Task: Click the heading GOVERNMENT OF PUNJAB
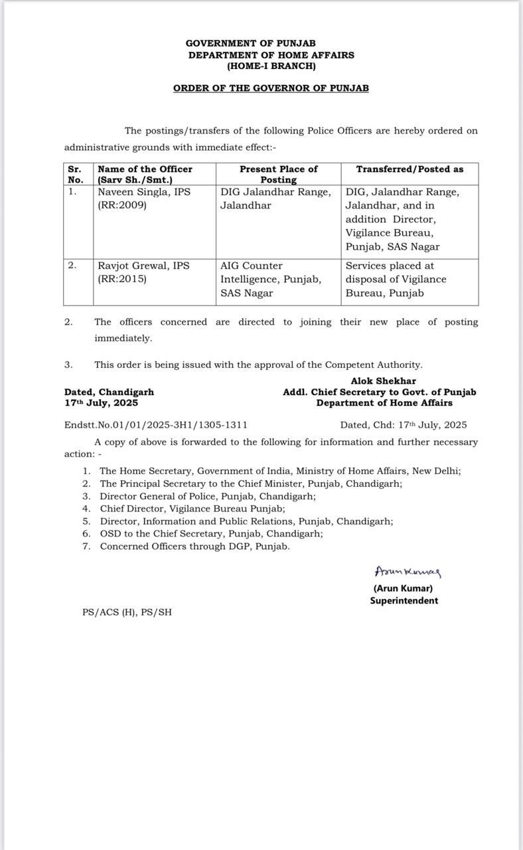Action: coord(250,43)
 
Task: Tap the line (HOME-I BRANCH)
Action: coord(271,66)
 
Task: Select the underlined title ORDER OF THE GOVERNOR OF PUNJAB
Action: coord(271,88)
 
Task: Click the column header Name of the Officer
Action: coord(145,169)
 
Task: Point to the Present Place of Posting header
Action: coord(278,174)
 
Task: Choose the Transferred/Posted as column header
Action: coord(410,169)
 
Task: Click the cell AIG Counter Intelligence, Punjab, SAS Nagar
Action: coord(271,279)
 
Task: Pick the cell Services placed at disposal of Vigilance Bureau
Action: coord(396,279)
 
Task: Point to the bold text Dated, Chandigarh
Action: coord(109,392)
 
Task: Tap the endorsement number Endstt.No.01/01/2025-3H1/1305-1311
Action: coord(156,425)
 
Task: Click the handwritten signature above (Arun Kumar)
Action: coord(408,572)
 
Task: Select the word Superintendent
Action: coord(404,600)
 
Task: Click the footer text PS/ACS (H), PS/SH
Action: coord(127,612)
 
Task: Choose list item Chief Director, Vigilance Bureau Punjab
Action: coord(192,509)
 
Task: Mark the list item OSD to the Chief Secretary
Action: coord(211,534)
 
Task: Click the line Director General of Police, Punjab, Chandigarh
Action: coord(208,496)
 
